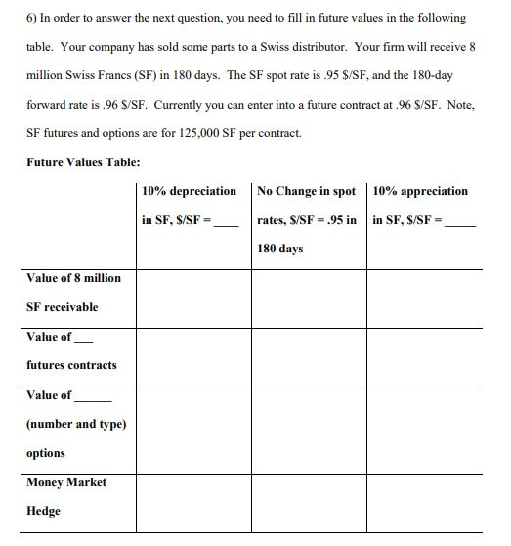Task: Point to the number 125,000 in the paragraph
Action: click(x=198, y=132)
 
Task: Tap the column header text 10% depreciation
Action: click(x=189, y=191)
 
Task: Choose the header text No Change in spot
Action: click(x=307, y=191)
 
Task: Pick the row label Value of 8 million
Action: click(x=74, y=278)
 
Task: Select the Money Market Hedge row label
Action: click(x=66, y=496)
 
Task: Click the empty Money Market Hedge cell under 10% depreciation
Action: click(x=193, y=503)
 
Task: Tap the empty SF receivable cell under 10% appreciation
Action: click(x=424, y=298)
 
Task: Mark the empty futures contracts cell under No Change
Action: click(x=309, y=357)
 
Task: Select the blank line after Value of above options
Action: click(x=93, y=399)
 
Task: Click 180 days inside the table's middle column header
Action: click(x=280, y=249)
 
